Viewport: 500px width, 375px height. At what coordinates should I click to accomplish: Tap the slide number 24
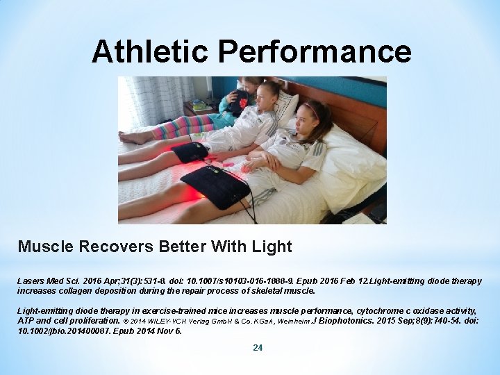[258, 347]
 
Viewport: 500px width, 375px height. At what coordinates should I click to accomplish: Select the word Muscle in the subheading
[43, 247]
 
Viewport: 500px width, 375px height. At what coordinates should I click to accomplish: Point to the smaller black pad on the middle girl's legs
[190, 151]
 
